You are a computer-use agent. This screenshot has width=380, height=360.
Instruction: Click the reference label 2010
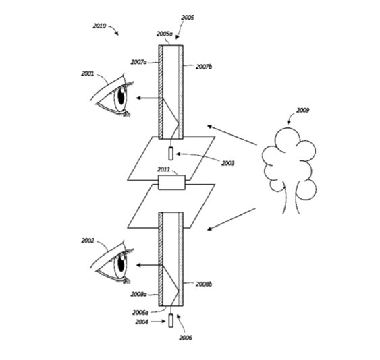click(99, 26)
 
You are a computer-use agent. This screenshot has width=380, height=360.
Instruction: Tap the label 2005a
click(164, 34)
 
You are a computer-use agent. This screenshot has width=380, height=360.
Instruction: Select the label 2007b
click(204, 67)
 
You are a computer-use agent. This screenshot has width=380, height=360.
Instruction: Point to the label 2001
click(88, 73)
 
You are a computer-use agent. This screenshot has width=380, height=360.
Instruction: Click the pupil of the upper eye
click(121, 96)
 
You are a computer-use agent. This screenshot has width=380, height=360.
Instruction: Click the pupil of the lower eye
click(121, 264)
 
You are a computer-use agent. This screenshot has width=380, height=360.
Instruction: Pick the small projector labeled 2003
click(171, 153)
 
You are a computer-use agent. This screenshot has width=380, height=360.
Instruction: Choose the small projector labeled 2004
click(171, 320)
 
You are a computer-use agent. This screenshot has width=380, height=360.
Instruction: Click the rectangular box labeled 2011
click(171, 182)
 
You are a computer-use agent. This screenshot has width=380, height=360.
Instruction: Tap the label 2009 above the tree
click(302, 110)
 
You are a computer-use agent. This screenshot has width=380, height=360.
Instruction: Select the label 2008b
click(204, 284)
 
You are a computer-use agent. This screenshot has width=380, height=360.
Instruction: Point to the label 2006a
click(140, 313)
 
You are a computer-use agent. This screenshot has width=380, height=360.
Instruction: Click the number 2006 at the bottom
click(186, 338)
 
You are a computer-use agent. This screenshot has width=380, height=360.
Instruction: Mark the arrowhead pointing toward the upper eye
click(138, 98)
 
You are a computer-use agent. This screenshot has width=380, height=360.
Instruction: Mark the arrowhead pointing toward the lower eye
click(138, 265)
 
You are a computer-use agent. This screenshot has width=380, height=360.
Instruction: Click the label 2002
click(88, 241)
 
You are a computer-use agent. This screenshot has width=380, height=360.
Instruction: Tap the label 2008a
click(138, 294)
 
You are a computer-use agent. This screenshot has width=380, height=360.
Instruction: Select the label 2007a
click(138, 62)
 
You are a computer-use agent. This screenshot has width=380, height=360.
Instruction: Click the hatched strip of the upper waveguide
click(161, 92)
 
